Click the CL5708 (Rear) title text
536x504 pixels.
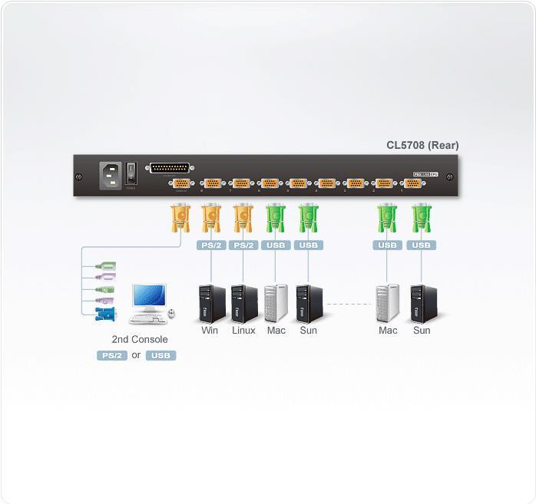point(422,144)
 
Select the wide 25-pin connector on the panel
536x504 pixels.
point(169,168)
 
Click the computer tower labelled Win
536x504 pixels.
point(210,302)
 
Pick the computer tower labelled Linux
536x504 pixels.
point(243,302)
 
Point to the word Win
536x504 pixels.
point(210,331)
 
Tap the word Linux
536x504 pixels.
point(243,331)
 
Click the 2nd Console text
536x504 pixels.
point(139,339)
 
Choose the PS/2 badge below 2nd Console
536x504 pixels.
point(111,355)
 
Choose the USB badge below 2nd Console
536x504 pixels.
point(160,355)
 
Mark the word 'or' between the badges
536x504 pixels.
point(136,355)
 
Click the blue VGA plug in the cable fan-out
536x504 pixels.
point(105,313)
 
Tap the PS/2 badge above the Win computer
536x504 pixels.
point(210,245)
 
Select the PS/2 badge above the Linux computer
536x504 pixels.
point(243,245)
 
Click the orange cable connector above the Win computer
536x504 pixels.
point(210,219)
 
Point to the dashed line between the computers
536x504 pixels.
point(349,304)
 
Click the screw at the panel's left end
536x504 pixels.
point(79,177)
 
